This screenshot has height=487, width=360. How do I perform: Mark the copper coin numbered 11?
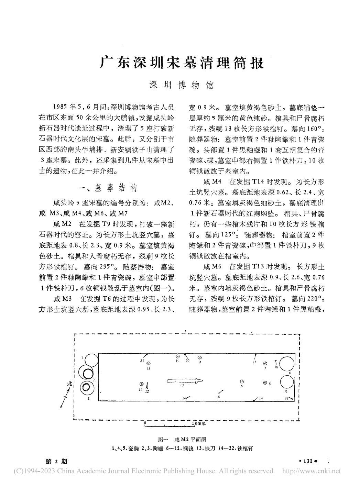coord(149,363)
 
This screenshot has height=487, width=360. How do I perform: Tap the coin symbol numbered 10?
coord(178,356)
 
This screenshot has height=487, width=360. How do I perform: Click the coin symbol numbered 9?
coord(199,357)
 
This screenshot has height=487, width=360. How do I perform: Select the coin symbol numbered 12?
coord(142,384)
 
